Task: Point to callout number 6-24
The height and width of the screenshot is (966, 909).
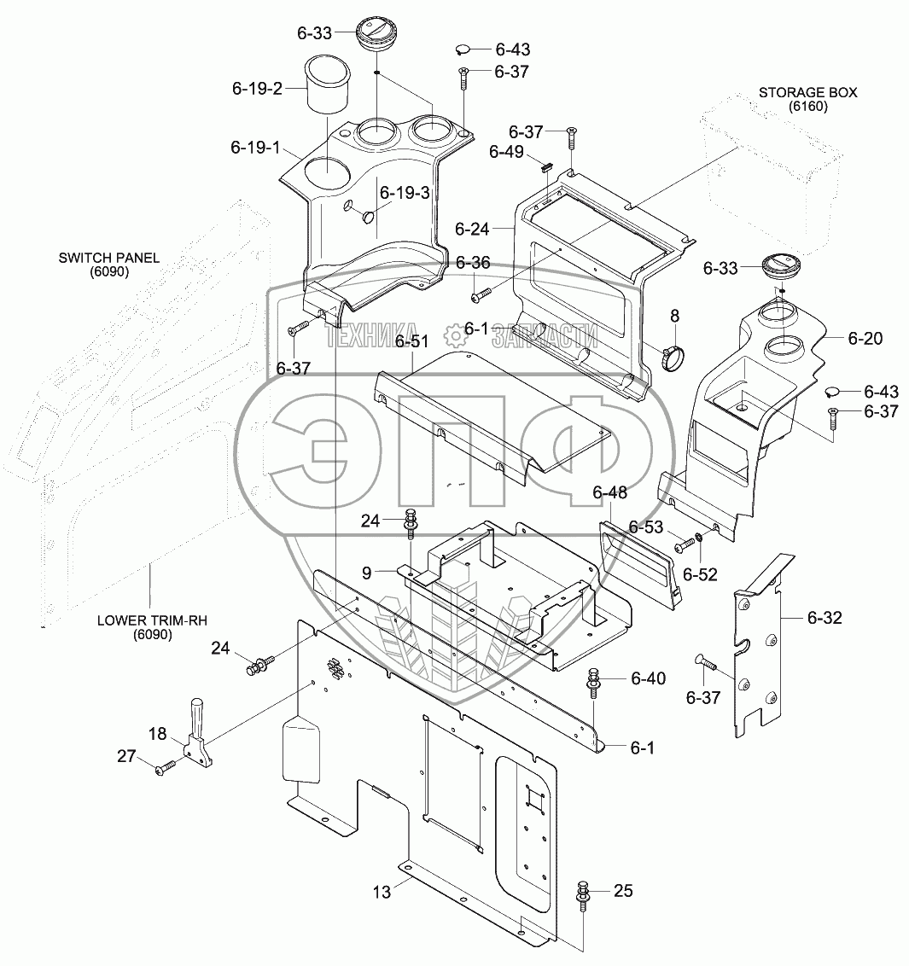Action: coord(472,230)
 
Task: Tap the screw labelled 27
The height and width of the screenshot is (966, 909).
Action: coord(166,768)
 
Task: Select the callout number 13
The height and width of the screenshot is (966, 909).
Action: coord(382,892)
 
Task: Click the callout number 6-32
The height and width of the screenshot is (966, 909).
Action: coord(825,617)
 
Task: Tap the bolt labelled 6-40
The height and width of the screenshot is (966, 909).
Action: coord(595,682)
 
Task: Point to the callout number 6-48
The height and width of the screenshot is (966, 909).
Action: coord(610,492)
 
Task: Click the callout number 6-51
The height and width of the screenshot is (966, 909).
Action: coord(411,341)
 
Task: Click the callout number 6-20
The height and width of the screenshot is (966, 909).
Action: coord(865,338)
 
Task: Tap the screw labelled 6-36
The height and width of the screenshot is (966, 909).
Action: coord(480,296)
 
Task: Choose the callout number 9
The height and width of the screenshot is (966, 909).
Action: coord(367,573)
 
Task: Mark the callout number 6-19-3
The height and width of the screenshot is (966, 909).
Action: coord(405,193)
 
